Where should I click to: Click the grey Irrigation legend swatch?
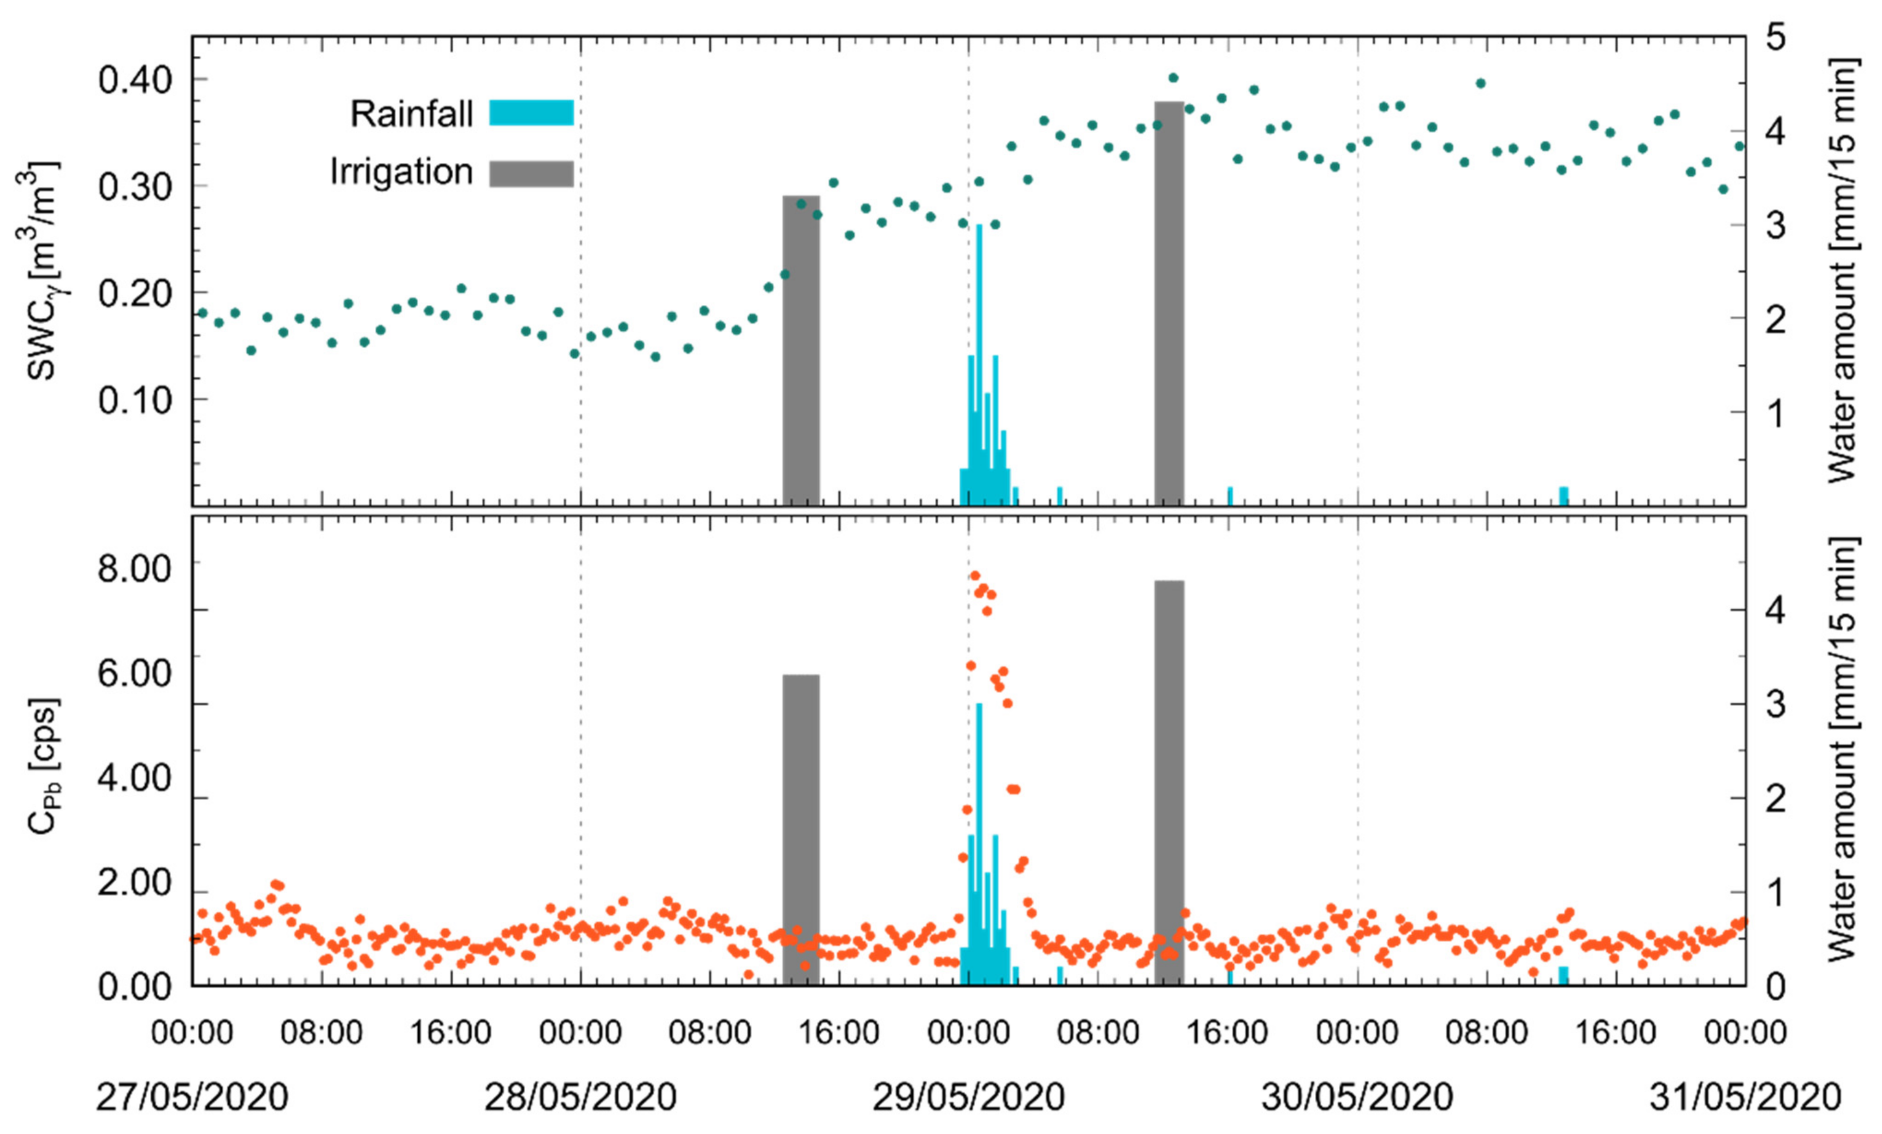point(531,173)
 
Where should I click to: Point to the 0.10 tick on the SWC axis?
point(135,399)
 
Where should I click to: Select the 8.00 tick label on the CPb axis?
point(135,569)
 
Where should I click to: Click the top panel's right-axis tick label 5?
point(1776,36)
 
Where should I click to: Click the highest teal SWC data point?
point(1173,78)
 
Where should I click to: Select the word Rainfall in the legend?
point(412,114)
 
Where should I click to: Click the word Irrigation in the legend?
point(401,172)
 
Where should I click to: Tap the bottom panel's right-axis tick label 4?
point(1776,609)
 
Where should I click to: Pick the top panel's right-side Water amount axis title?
point(1842,271)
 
